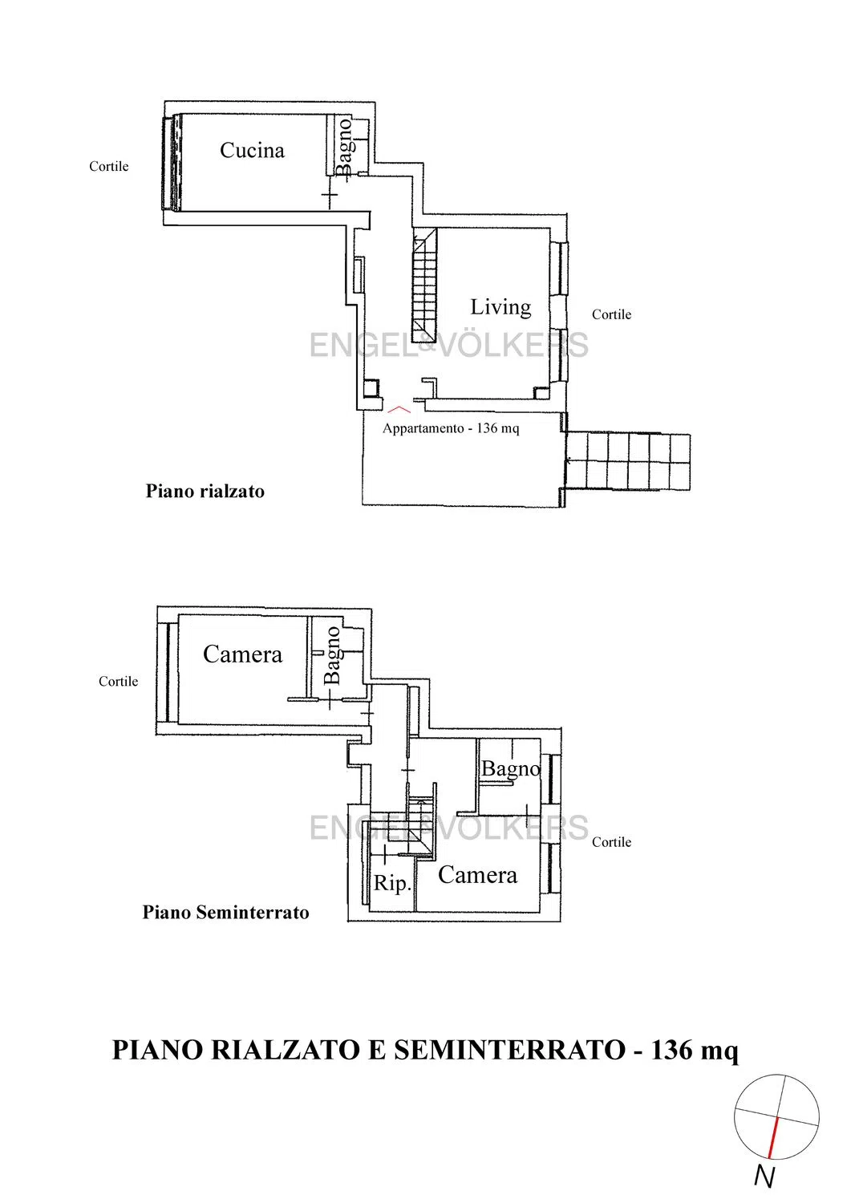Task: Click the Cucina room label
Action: [252, 151]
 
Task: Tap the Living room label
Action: [500, 308]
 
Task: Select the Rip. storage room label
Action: [392, 884]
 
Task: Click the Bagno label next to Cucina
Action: [344, 147]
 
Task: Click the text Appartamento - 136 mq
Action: [451, 428]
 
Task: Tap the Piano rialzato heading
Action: [205, 492]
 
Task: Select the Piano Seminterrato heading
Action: [225, 913]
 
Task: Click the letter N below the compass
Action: [764, 1177]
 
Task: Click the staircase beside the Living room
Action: [424, 286]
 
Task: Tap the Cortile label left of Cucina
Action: [109, 167]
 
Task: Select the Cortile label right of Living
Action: [611, 314]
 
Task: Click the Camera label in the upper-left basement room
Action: [242, 654]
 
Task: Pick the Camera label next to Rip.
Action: [477, 876]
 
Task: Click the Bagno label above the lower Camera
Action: [510, 769]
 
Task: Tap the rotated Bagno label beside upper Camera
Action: [333, 655]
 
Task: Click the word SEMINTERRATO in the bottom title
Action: [510, 1050]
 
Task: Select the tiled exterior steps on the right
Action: [628, 462]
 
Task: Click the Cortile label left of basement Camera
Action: [118, 682]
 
